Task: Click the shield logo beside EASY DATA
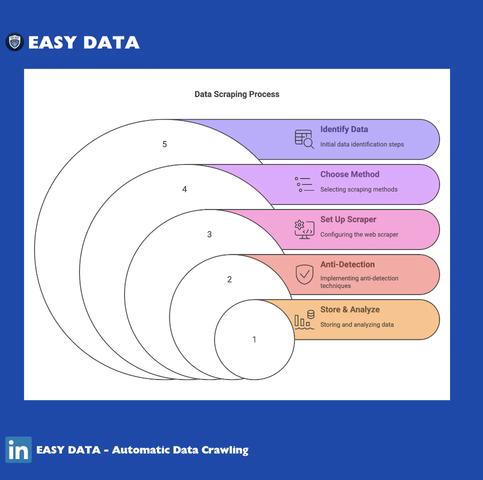click(14, 42)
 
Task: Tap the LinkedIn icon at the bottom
click(18, 449)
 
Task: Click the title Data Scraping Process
click(237, 94)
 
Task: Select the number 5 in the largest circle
click(164, 144)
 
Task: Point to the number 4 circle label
click(184, 189)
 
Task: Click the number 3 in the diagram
click(209, 234)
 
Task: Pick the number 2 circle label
click(229, 279)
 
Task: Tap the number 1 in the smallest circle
click(254, 339)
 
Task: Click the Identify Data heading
click(344, 129)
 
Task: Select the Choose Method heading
click(349, 174)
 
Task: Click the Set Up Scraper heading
click(348, 219)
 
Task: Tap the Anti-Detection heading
click(347, 264)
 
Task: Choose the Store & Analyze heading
click(350, 309)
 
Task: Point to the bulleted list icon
click(304, 184)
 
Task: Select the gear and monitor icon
click(304, 229)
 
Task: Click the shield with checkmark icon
click(304, 274)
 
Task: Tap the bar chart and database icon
click(304, 319)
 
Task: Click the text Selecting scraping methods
click(359, 189)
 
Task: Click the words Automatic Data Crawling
click(180, 450)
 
